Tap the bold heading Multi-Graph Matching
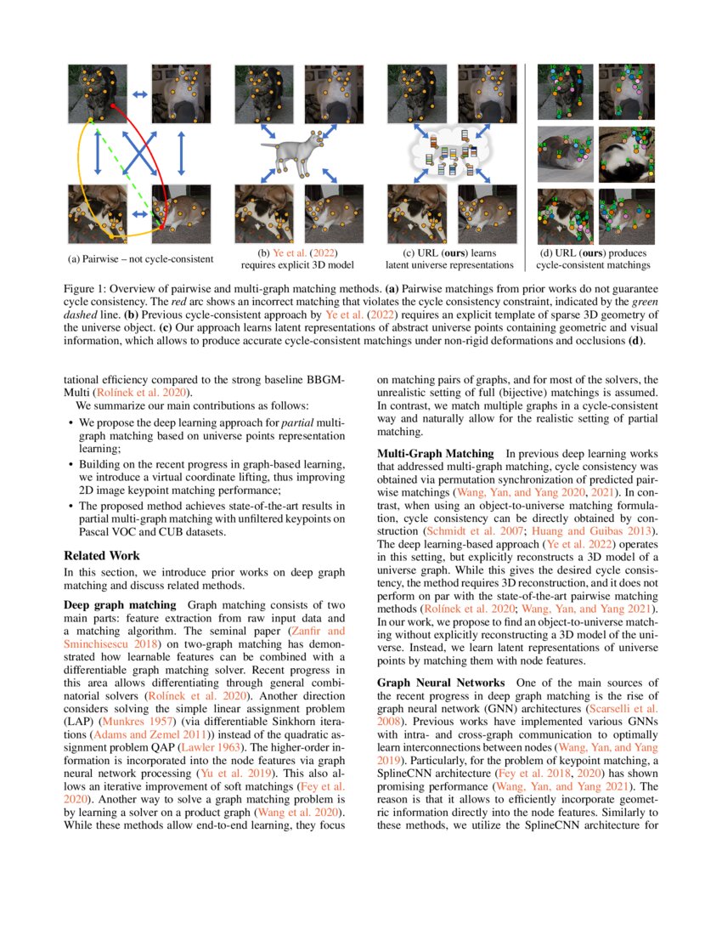(x=435, y=453)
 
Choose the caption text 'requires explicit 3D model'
(x=299, y=265)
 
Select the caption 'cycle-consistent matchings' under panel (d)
(x=593, y=265)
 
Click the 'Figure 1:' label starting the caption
(x=90, y=287)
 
